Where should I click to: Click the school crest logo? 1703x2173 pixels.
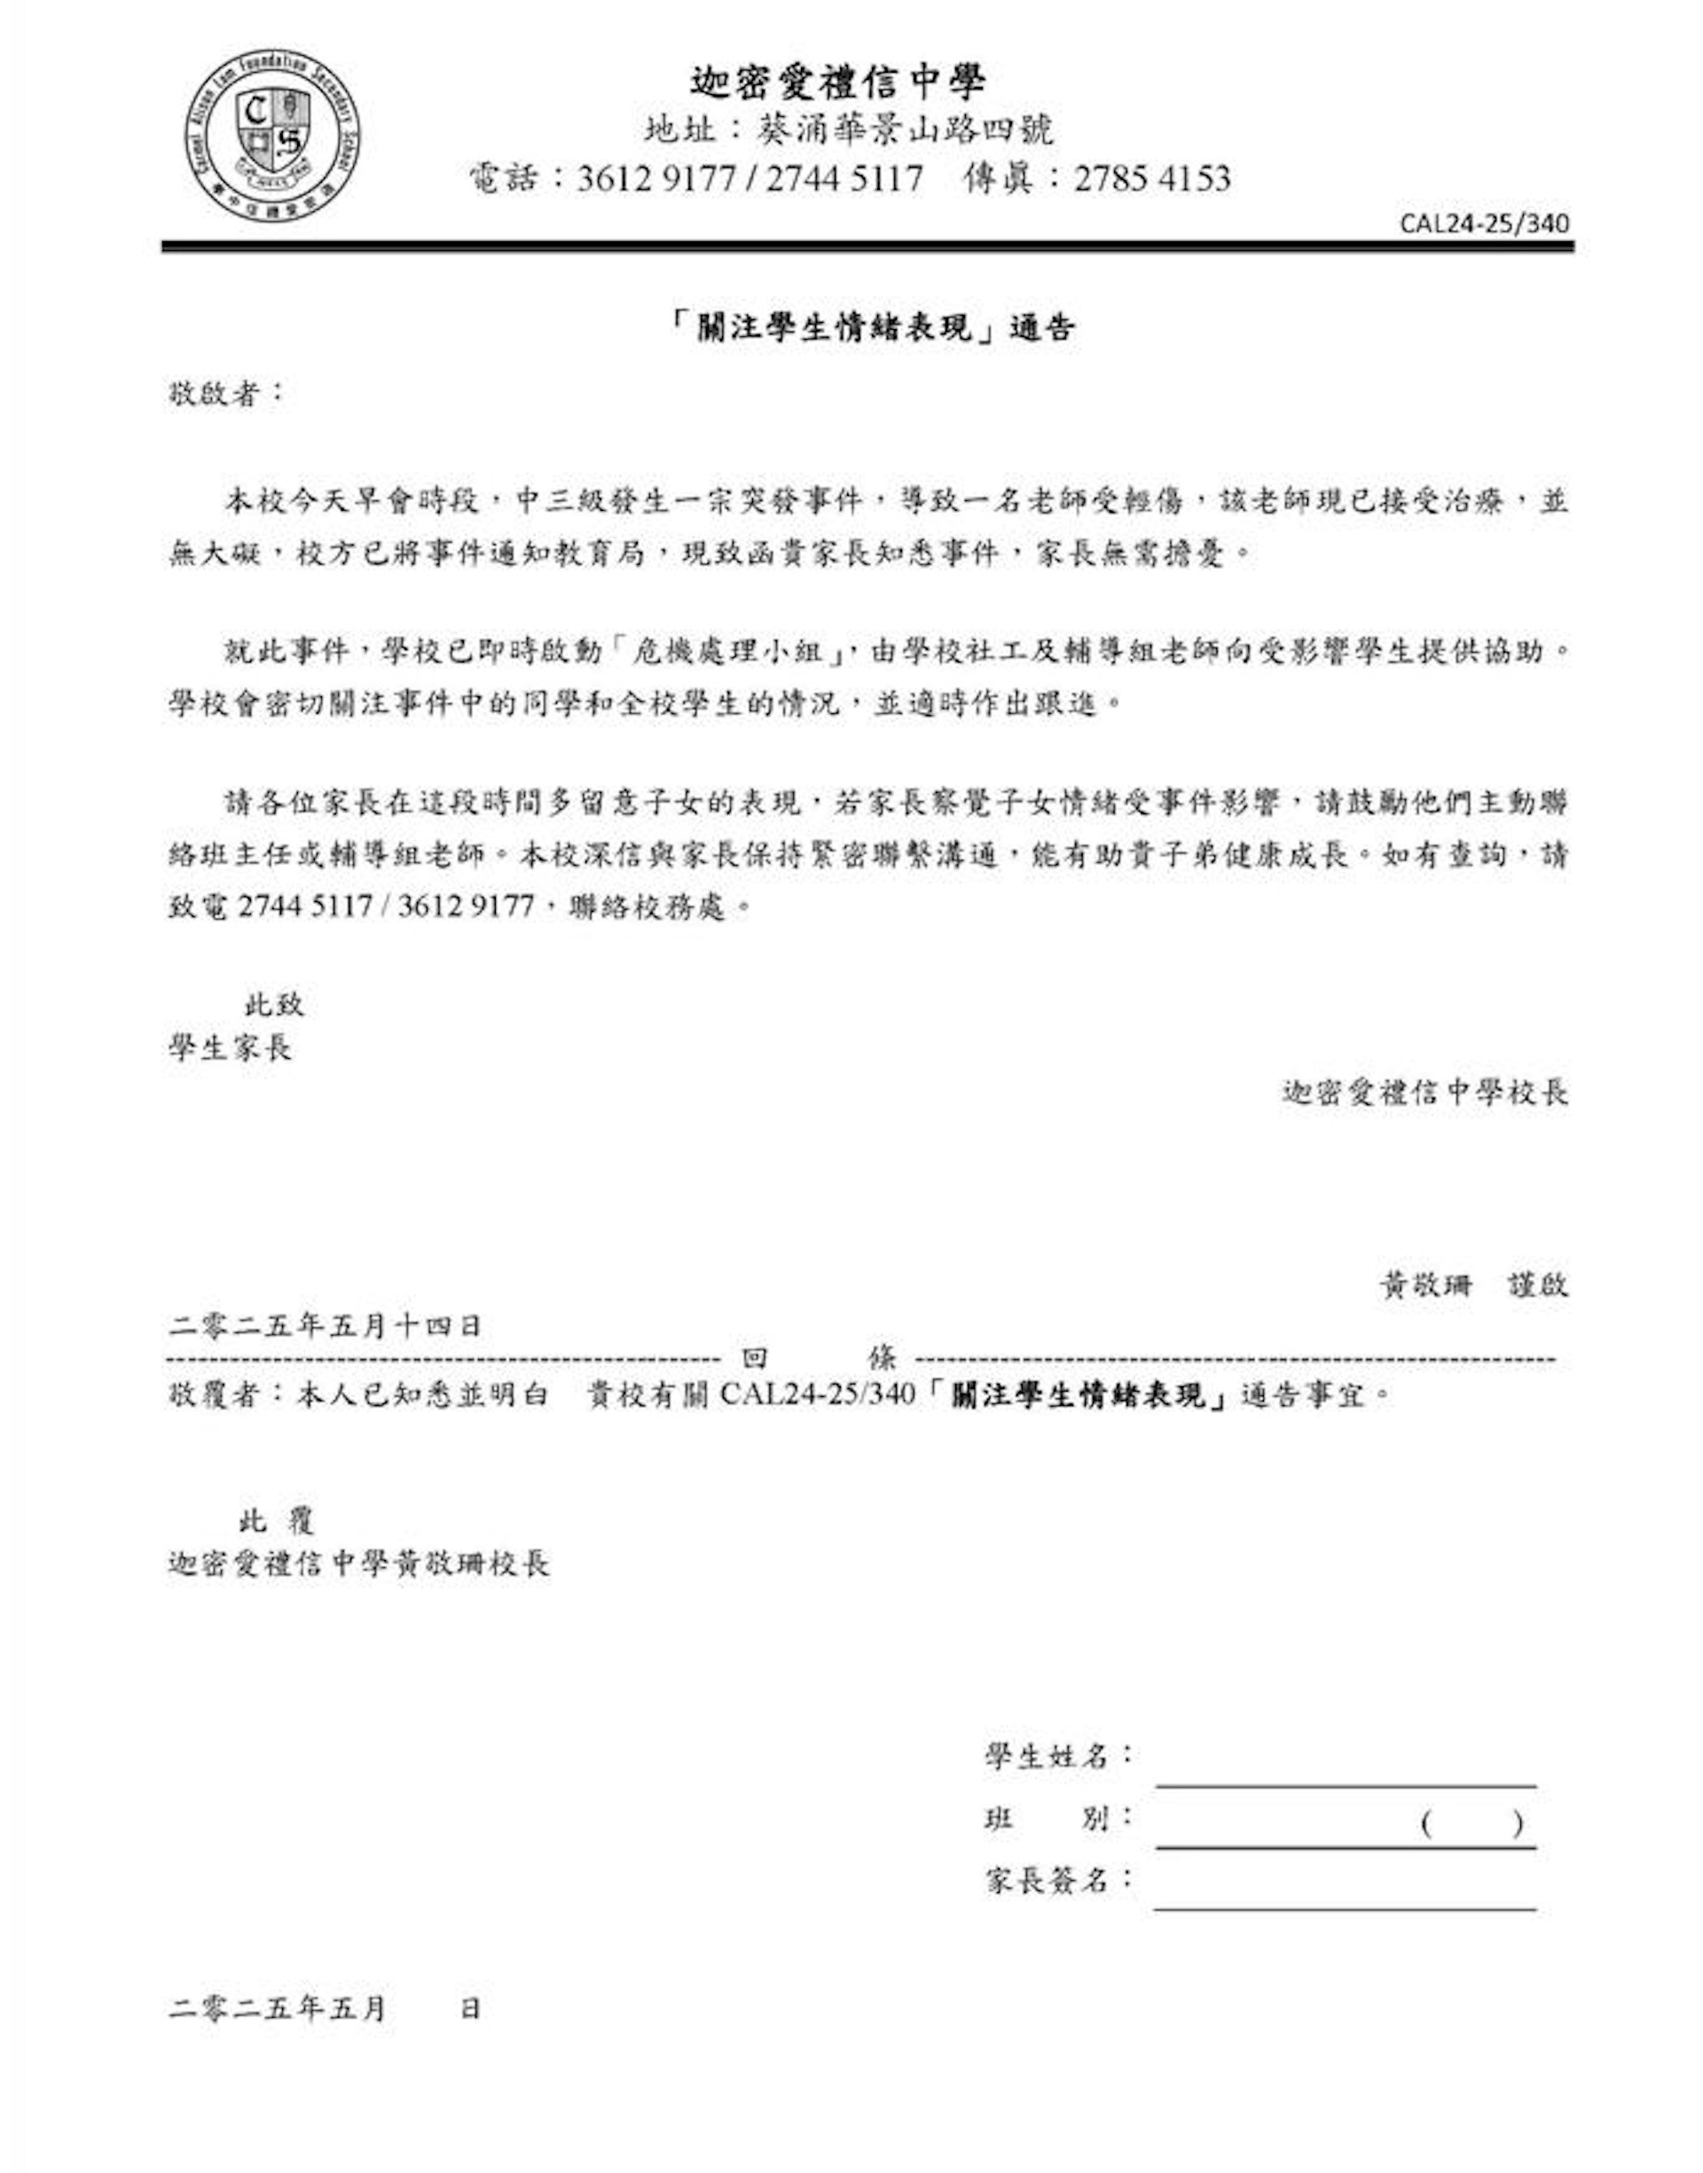click(271, 138)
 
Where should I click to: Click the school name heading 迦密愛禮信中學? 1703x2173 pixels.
click(838, 82)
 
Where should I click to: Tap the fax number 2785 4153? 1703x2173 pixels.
click(1151, 178)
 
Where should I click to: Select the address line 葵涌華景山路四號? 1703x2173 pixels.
click(905, 130)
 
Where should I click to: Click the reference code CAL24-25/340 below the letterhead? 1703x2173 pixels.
click(1484, 223)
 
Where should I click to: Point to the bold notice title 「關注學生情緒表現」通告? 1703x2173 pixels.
click(874, 328)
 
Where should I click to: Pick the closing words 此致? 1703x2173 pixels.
click(274, 1004)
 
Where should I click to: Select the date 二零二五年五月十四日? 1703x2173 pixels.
click(325, 1326)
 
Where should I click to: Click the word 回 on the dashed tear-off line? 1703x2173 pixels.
click(755, 1358)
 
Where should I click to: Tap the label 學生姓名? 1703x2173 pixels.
click(1048, 1756)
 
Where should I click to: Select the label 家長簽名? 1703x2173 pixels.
click(1048, 1881)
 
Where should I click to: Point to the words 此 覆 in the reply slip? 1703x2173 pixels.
click(276, 1520)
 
